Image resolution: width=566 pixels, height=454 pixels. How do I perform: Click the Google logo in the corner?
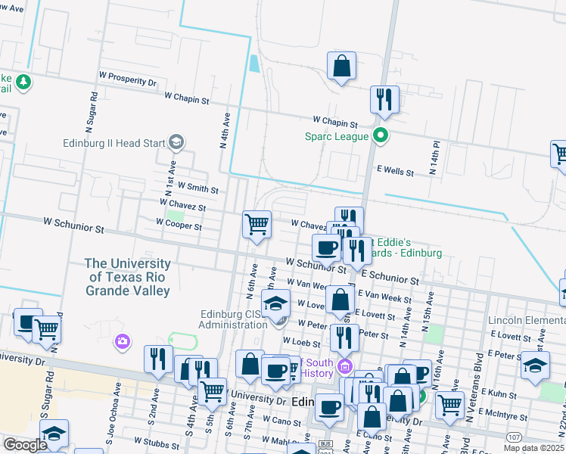24,445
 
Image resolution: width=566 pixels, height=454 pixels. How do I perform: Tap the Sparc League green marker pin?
381,136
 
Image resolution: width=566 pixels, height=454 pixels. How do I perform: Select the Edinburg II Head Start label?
114,141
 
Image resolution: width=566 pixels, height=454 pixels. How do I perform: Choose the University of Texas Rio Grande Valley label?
127,277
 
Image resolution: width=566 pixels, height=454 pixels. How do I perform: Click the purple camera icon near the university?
122,342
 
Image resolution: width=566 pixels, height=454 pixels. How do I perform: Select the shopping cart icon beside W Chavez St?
257,225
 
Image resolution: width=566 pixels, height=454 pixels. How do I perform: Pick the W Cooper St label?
179,225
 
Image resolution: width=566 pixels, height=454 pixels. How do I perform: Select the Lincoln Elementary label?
526,321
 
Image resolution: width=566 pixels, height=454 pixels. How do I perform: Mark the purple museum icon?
346,367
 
